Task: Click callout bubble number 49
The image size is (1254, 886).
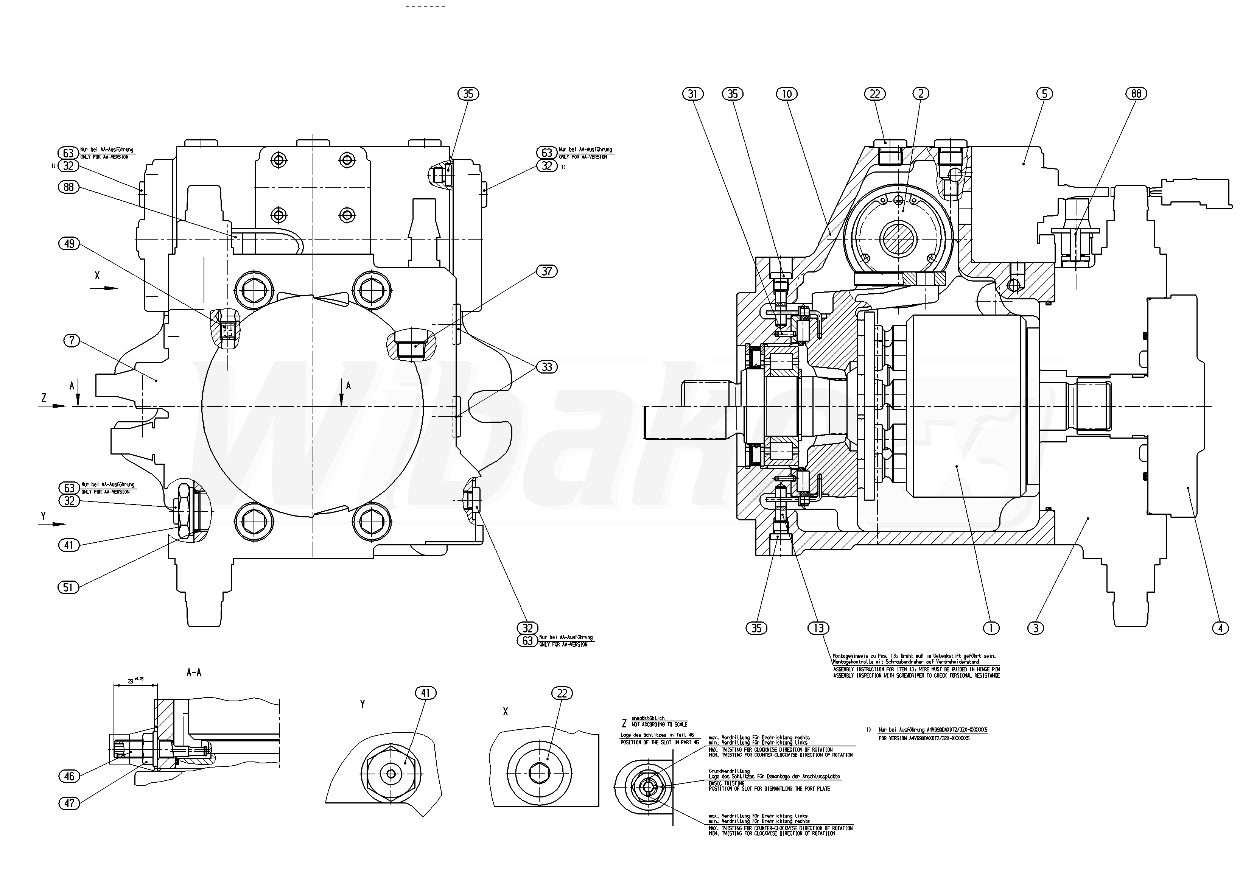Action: pyautogui.click(x=69, y=244)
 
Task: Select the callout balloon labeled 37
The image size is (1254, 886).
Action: pyautogui.click(x=547, y=271)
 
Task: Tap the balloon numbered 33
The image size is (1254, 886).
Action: pyautogui.click(x=547, y=367)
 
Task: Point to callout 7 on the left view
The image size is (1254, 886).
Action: pyautogui.click(x=72, y=341)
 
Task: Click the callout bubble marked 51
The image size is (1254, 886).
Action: pyautogui.click(x=68, y=587)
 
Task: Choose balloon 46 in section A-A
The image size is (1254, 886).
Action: pyautogui.click(x=69, y=776)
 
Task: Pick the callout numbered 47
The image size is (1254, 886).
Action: pyautogui.click(x=69, y=803)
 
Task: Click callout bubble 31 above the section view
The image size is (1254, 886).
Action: pyautogui.click(x=692, y=94)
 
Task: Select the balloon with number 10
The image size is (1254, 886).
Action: pyautogui.click(x=786, y=94)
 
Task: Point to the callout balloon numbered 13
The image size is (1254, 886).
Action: pyautogui.click(x=818, y=628)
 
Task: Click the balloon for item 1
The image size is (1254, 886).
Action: pyautogui.click(x=991, y=628)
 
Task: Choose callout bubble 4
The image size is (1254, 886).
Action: pyautogui.click(x=1221, y=628)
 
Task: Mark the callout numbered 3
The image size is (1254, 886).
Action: pyautogui.click(x=1036, y=628)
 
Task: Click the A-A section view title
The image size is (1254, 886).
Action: pyautogui.click(x=194, y=673)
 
